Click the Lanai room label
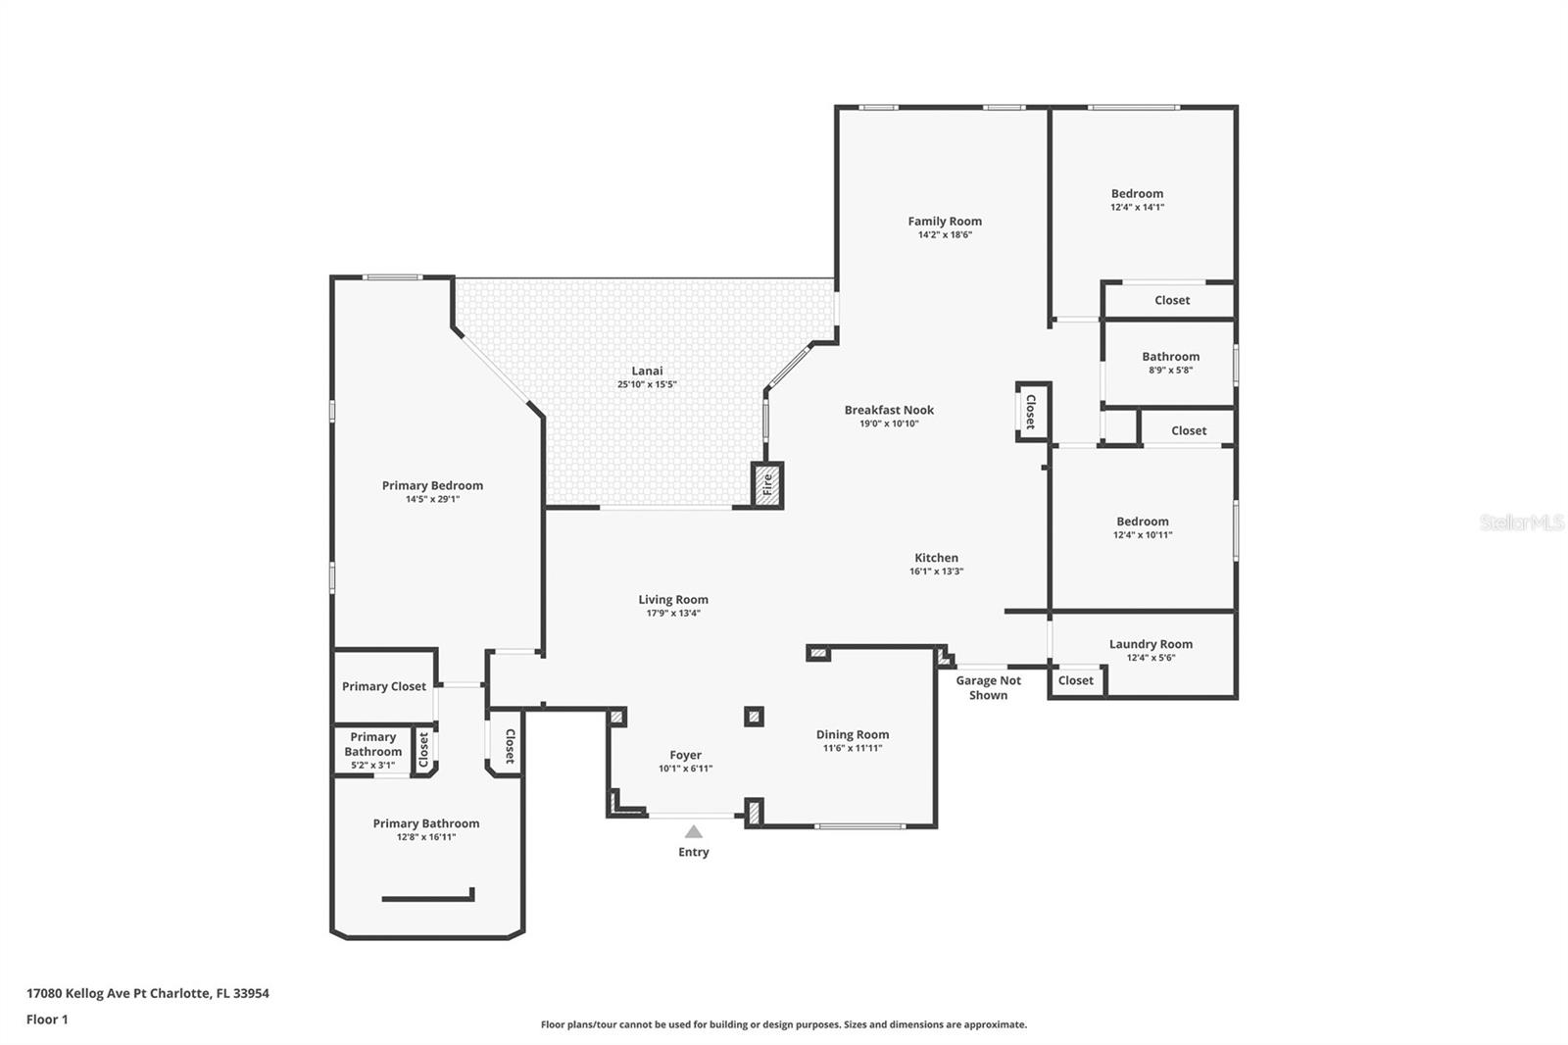[x=647, y=371]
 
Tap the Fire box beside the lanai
[x=767, y=484]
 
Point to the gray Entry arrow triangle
[x=693, y=831]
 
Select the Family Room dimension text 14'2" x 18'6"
[x=945, y=234]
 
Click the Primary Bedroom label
[x=432, y=485]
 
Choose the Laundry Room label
[x=1151, y=644]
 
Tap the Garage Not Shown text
[x=989, y=688]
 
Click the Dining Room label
[x=853, y=734]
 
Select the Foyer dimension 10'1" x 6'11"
[x=685, y=769]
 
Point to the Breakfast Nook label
[x=889, y=410]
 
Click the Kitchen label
[x=937, y=558]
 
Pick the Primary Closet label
[x=383, y=686]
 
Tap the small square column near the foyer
[x=754, y=717]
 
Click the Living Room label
[x=673, y=600]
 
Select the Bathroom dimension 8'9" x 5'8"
[x=1170, y=370]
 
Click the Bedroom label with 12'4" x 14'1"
[x=1138, y=193]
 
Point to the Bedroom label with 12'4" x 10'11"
[x=1143, y=522]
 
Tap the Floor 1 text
[x=48, y=1020]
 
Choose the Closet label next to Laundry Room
[x=1076, y=680]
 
